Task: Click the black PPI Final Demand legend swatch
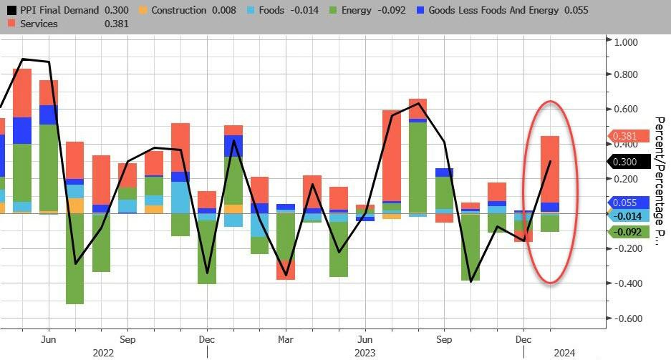[x=11, y=11]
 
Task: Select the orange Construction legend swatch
[x=143, y=11]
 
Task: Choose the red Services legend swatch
[x=11, y=24]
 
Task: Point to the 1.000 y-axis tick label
[x=626, y=42]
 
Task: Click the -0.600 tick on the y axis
[x=624, y=318]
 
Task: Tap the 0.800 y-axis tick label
[x=626, y=74]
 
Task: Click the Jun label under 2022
[x=49, y=339]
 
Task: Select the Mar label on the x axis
[x=285, y=339]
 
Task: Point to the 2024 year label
[x=564, y=352]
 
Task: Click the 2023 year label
[x=365, y=352]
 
